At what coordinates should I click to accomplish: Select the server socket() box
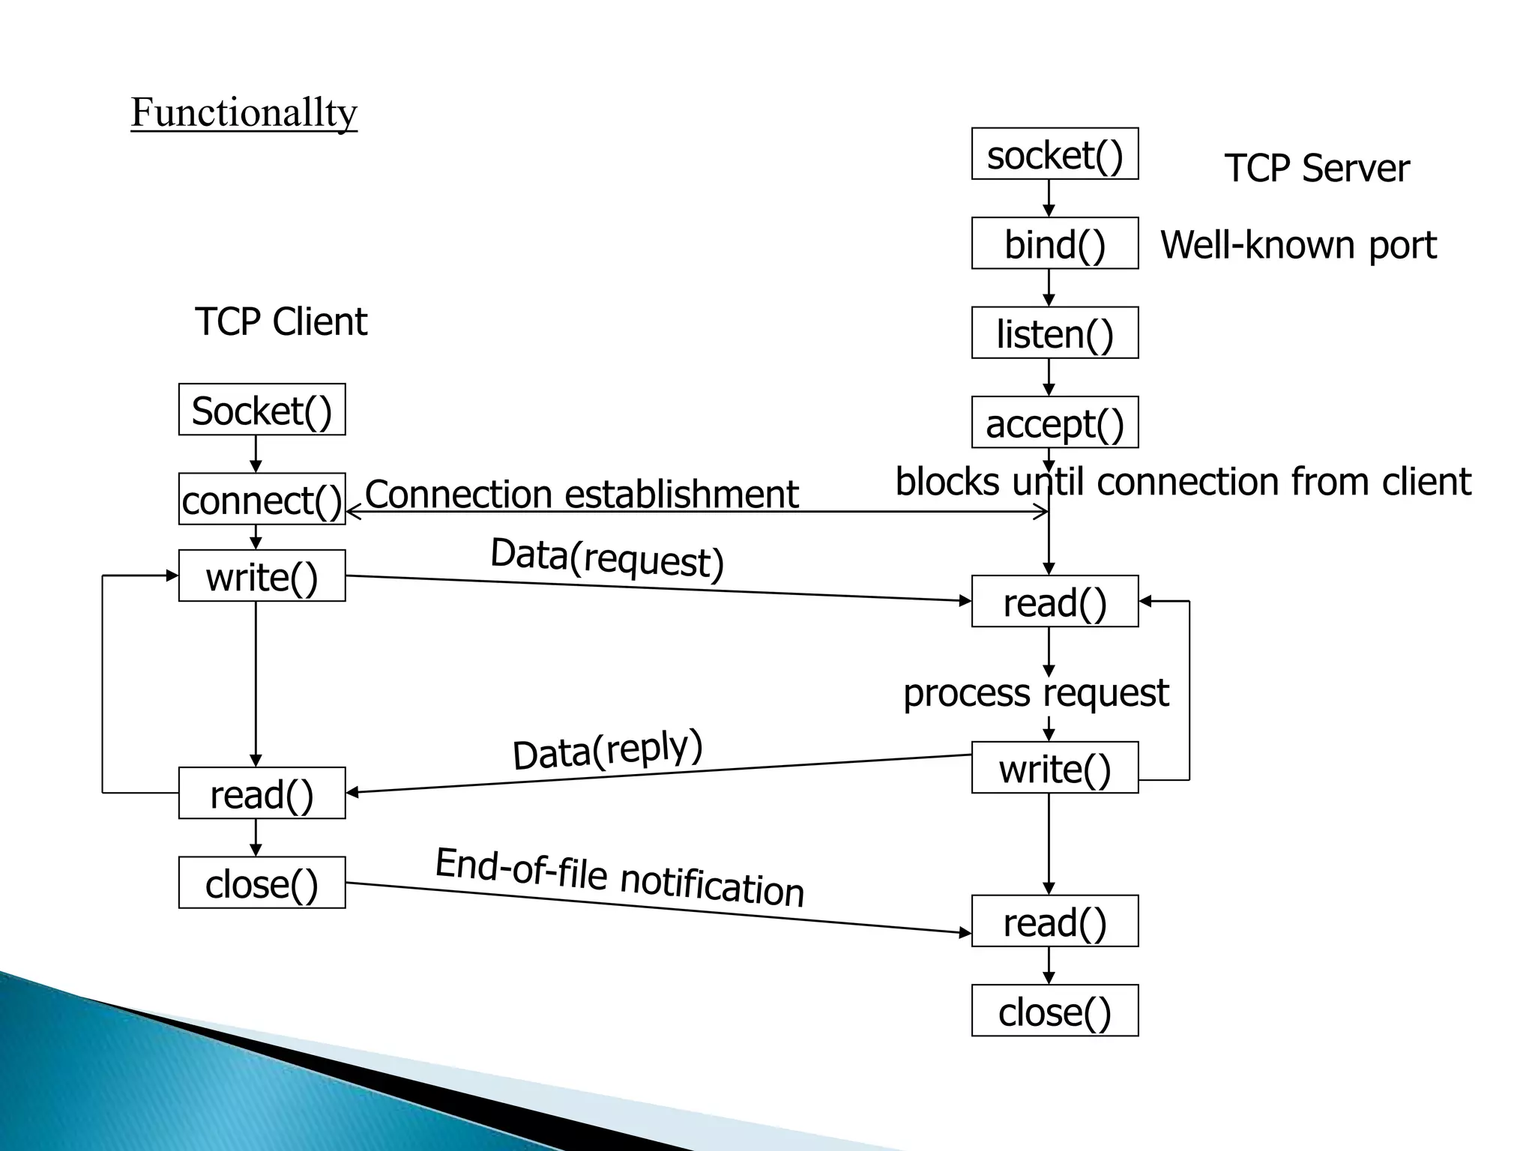(1055, 154)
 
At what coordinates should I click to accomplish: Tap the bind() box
(1055, 244)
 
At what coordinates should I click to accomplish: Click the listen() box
(1055, 333)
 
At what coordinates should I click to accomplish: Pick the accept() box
(1055, 423)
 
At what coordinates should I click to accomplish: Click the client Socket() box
(262, 410)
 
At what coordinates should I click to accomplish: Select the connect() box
(262, 499)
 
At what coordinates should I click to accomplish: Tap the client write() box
(262, 576)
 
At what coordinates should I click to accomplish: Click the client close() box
(262, 883)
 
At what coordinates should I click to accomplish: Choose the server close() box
(1055, 1011)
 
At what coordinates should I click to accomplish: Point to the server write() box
(1055, 768)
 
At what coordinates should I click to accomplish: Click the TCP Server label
(1316, 168)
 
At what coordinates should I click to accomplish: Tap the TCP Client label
(281, 321)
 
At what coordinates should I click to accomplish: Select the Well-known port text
(1298, 244)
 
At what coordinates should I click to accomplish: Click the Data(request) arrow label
(607, 558)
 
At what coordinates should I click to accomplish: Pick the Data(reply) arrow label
(607, 749)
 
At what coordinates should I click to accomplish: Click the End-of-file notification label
(620, 877)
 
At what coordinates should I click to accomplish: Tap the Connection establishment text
(582, 495)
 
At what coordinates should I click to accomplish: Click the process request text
(1035, 693)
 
